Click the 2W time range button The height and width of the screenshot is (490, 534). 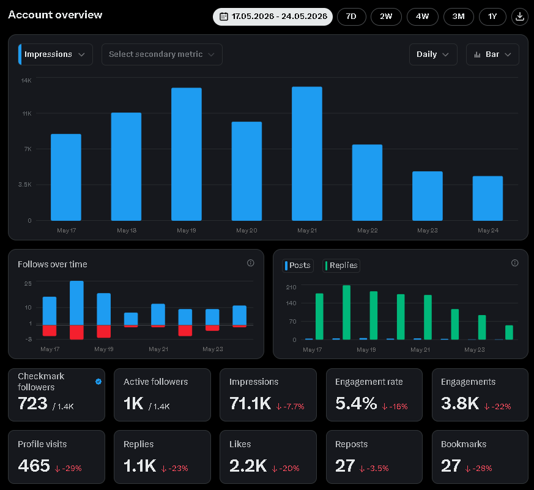386,17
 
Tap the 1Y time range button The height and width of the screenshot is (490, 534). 492,17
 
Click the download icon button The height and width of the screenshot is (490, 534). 520,17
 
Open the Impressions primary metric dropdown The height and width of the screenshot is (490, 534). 55,54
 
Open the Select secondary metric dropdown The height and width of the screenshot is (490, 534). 161,54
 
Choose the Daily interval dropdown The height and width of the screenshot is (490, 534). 433,54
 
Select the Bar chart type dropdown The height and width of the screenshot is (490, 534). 492,54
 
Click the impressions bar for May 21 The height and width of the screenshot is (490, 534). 307,154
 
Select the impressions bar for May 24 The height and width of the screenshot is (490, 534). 488,198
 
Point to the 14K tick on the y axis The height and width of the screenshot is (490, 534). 26,80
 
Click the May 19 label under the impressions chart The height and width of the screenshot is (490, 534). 187,231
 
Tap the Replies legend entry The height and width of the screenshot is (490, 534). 341,265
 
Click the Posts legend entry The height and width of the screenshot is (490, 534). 298,265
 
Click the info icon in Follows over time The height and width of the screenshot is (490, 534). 251,263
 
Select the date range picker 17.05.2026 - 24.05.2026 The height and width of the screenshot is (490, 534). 273,17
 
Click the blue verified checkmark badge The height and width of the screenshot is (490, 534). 98,382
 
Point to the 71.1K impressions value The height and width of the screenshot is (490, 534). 250,404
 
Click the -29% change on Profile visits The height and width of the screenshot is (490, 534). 68,469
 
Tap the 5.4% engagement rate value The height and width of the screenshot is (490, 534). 356,404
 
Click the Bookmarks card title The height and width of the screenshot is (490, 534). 464,444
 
